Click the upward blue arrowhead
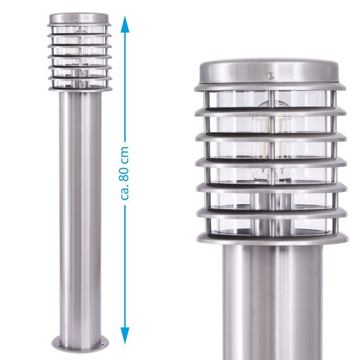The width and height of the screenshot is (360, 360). pos(125,23)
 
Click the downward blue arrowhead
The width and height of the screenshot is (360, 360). pos(125,337)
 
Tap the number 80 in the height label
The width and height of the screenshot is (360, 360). pos(124,159)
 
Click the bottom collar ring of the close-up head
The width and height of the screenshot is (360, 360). pos(272,239)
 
